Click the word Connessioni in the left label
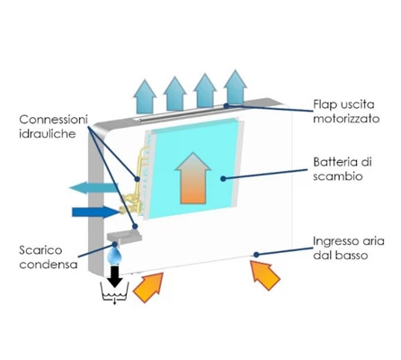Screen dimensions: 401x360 [x=53, y=120]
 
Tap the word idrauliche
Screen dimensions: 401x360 [x=48, y=134]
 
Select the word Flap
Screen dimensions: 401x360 [x=325, y=105]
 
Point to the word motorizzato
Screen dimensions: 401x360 [x=346, y=119]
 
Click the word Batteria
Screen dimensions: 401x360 [x=336, y=162]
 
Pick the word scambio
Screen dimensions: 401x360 [x=338, y=176]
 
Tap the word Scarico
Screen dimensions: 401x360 [x=40, y=250]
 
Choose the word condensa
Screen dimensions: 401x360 [x=49, y=265]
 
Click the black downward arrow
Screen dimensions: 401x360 [x=115, y=275]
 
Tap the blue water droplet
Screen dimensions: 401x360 [x=115, y=256]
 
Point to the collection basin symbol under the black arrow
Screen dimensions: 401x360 [x=115, y=292]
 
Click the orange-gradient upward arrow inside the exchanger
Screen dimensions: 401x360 [x=193, y=178]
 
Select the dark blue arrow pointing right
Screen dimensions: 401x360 [x=96, y=212]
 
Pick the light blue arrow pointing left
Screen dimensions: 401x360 [x=94, y=188]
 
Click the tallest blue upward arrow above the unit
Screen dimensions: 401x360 [x=236, y=87]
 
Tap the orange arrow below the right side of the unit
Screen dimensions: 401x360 [x=265, y=275]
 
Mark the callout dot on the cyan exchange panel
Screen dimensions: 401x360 [x=223, y=179]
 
